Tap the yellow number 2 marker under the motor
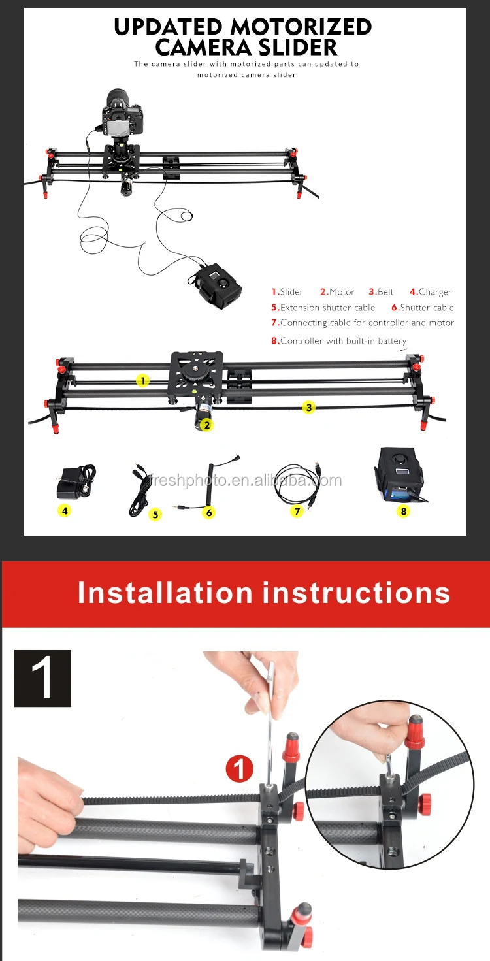click(x=206, y=425)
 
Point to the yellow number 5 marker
click(x=155, y=514)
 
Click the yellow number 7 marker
click(x=297, y=511)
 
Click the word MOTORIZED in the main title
click(x=300, y=27)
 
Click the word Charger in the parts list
click(x=435, y=292)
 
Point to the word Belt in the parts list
click(x=385, y=292)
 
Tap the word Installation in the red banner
click(x=165, y=593)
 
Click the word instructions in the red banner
click(x=356, y=593)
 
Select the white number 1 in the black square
click(x=42, y=678)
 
